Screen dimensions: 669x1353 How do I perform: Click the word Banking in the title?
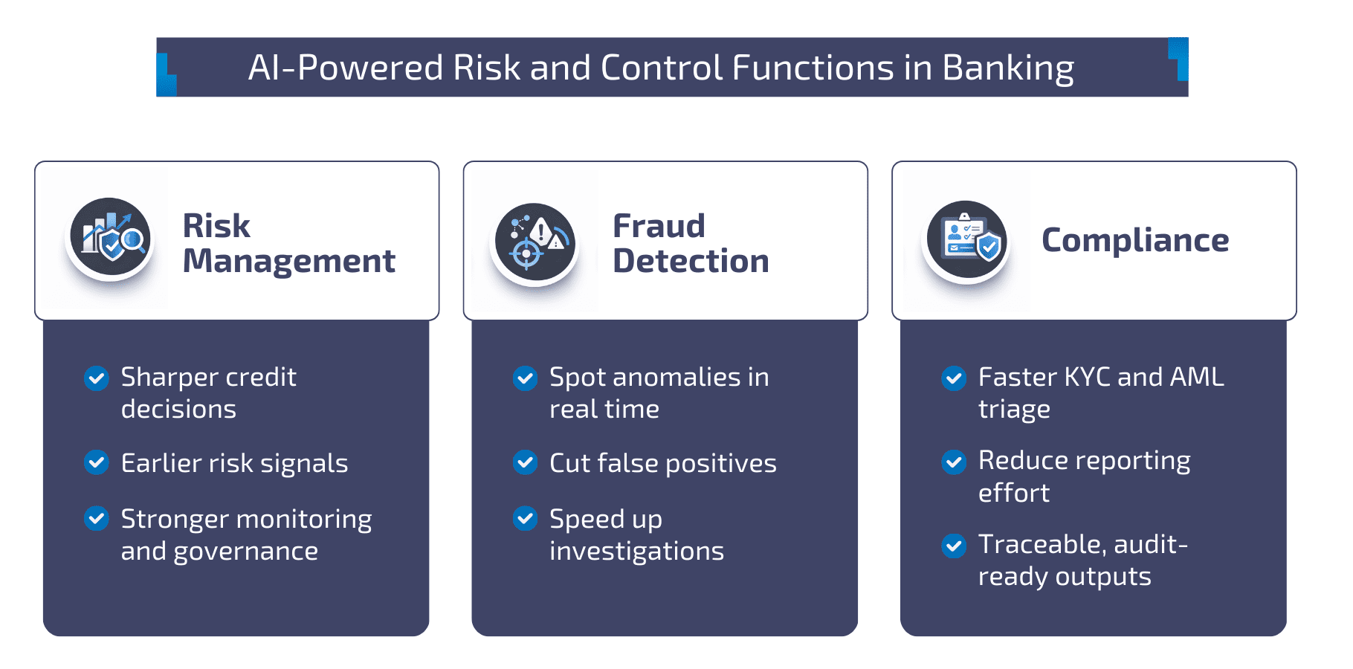[1008, 68]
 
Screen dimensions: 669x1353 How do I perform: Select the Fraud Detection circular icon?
[535, 242]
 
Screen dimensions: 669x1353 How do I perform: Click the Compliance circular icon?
[966, 239]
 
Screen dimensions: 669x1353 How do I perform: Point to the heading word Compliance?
[1134, 240]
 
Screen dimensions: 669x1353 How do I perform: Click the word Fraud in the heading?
[659, 226]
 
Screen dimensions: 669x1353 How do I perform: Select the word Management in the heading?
[288, 262]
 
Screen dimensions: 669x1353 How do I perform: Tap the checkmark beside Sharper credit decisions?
[97, 378]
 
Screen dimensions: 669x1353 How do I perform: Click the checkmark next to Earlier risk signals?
[97, 462]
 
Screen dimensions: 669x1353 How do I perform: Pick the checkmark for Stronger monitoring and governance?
[97, 518]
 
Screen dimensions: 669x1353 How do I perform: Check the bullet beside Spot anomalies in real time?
[526, 378]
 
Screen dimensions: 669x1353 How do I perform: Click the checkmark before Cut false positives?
[526, 462]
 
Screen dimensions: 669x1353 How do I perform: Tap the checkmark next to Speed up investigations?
[526, 518]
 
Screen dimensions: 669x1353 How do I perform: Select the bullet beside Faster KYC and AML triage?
[954, 378]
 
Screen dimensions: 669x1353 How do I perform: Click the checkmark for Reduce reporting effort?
[954, 462]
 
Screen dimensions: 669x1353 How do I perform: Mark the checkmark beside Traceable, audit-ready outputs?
[954, 546]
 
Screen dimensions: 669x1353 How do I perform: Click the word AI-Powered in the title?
[345, 68]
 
